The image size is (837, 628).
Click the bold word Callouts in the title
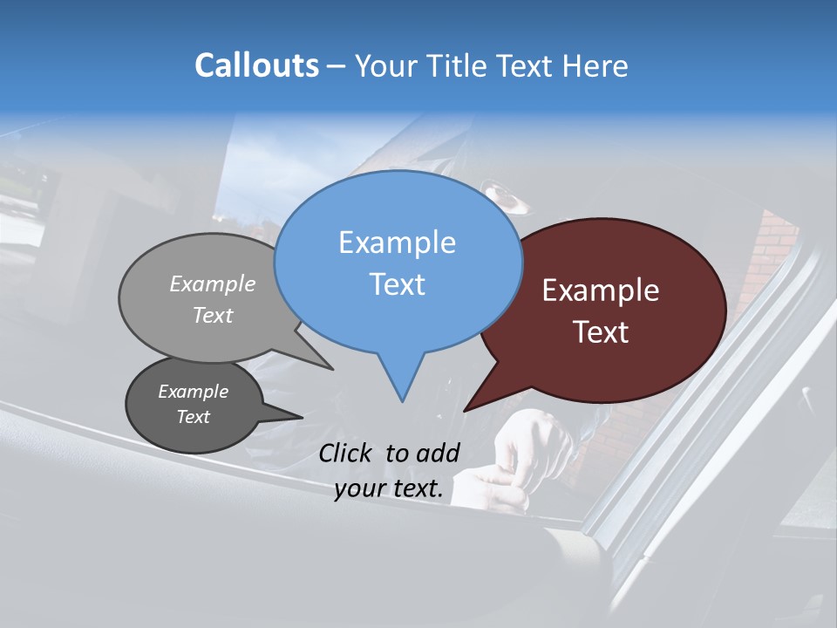coord(256,65)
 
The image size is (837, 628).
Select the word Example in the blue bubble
coord(397,242)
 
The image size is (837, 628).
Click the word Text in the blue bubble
coord(397,283)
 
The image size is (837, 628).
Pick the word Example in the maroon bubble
coord(601,290)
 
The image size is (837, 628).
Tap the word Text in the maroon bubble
coord(601,332)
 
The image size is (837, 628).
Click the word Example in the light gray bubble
coord(213,283)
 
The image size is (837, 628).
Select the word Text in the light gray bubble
coord(213,315)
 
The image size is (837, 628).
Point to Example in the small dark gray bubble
coord(193,392)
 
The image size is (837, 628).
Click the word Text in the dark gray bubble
coord(193,417)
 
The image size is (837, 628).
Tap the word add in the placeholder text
coord(439,453)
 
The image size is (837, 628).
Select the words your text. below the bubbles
coord(389,488)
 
